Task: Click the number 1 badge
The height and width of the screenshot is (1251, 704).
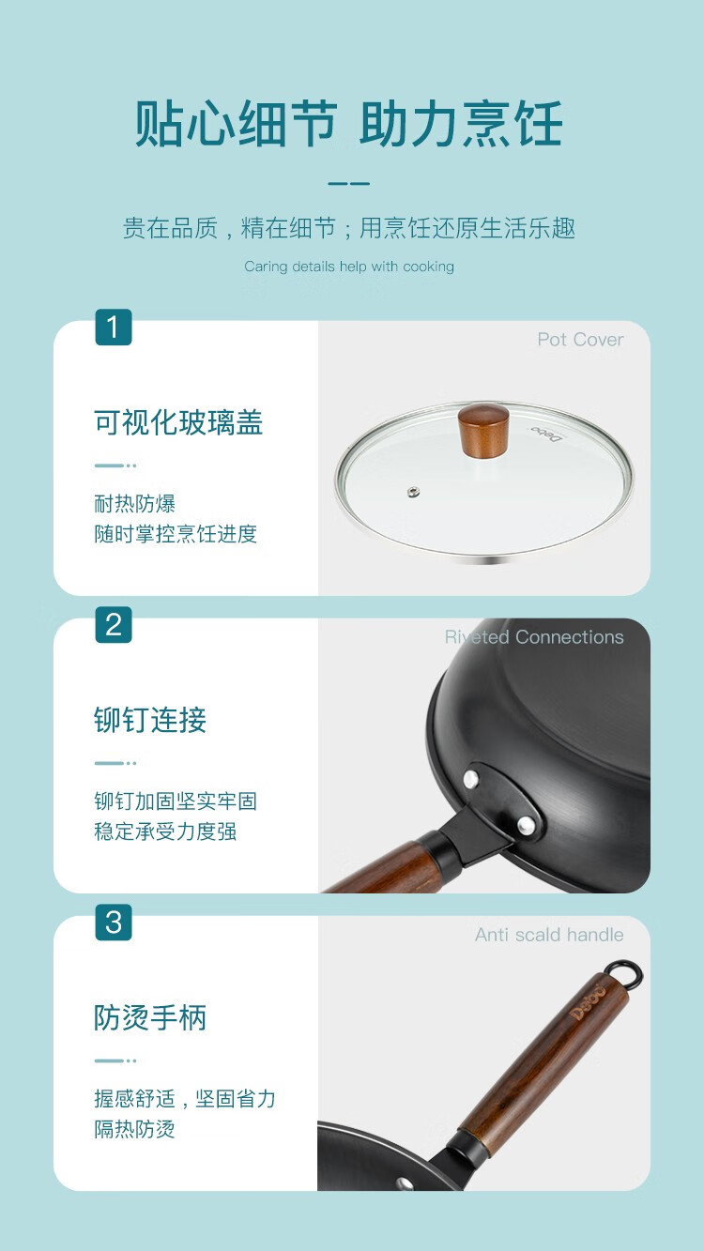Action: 114,327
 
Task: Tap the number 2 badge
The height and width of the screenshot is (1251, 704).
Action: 114,624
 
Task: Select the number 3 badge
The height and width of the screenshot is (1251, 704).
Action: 114,922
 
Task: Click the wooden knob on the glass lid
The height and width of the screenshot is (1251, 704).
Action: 483,431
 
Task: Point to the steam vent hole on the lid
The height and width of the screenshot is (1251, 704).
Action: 413,493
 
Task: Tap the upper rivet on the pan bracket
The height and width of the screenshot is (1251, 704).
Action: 471,778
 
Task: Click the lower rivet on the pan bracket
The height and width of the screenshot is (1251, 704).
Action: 526,824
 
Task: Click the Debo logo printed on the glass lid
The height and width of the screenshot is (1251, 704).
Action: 547,433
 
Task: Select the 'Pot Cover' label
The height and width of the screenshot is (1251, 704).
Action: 580,340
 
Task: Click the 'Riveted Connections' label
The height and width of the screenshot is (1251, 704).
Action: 534,637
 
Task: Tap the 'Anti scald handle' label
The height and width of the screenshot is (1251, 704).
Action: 549,935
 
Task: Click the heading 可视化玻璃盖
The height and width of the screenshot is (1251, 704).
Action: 178,422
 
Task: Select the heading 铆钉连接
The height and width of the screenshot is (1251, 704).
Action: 150,720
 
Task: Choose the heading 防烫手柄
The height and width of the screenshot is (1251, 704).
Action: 150,1017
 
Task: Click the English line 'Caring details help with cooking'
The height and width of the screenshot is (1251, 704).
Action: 349,267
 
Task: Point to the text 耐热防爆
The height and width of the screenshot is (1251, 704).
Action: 134,504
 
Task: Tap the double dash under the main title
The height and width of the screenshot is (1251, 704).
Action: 349,184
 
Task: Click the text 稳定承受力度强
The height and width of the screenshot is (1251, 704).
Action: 165,831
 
